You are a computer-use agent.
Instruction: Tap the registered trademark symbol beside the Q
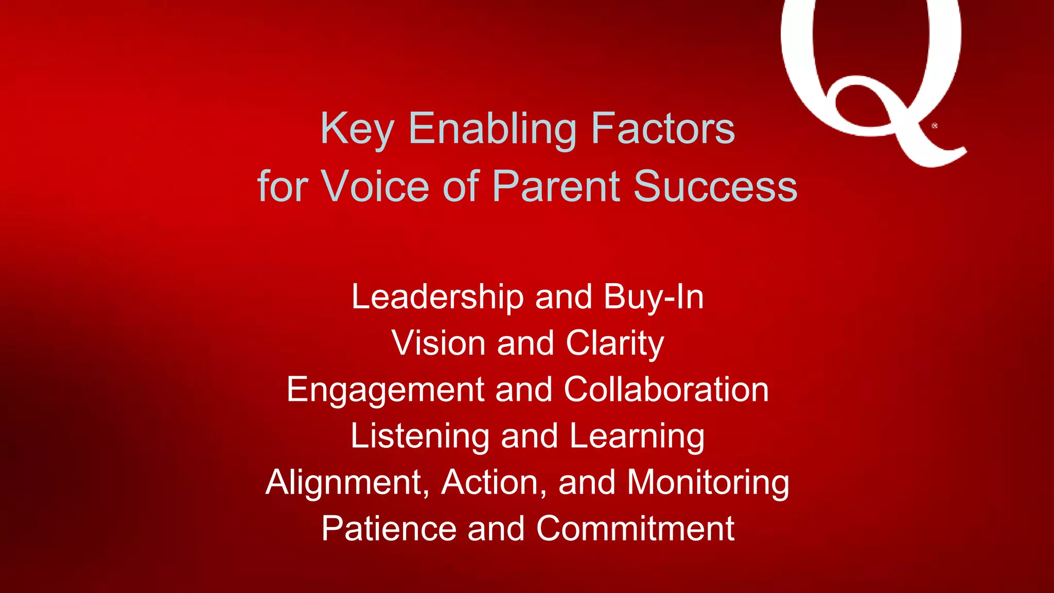point(935,126)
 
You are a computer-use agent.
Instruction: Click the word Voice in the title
point(375,186)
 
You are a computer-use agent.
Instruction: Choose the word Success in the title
point(715,186)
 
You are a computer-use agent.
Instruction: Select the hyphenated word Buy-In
point(654,297)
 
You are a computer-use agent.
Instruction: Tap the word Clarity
point(615,343)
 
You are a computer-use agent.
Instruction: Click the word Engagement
point(385,390)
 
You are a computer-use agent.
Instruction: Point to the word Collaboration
point(666,390)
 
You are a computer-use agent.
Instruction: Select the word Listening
point(419,436)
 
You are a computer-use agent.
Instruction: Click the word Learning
point(637,436)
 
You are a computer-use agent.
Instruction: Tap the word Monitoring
point(708,483)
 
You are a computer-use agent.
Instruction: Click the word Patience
point(389,529)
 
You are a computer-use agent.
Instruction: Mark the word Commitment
point(635,529)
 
